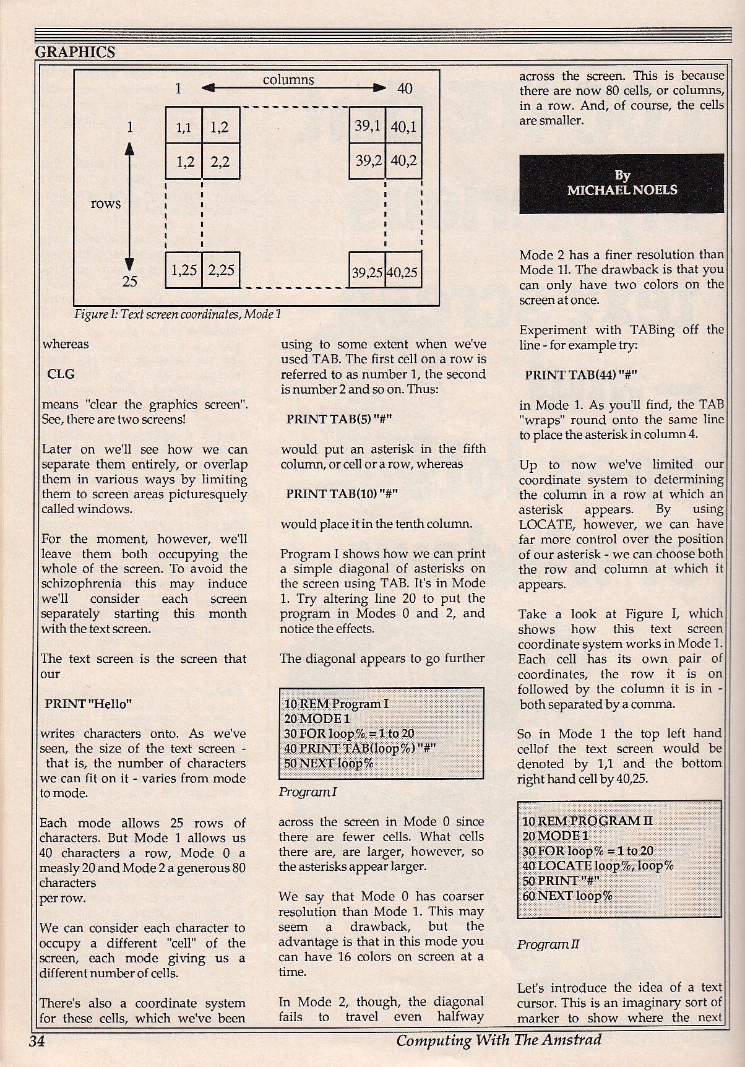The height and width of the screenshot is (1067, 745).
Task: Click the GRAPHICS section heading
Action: (x=75, y=52)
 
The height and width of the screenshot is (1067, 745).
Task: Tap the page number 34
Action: (x=37, y=1040)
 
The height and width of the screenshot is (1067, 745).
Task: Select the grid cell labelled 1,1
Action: (x=184, y=127)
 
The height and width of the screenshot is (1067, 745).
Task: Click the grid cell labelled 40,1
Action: (x=403, y=126)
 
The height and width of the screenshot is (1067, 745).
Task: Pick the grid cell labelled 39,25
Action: (x=367, y=272)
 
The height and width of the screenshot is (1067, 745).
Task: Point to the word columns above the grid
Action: (x=288, y=80)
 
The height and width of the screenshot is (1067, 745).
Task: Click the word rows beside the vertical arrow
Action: (x=106, y=204)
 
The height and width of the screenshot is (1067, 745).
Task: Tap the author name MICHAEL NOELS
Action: (x=622, y=190)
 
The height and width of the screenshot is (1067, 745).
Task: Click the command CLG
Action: (x=61, y=374)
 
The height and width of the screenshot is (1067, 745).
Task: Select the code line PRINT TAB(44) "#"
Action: (x=580, y=375)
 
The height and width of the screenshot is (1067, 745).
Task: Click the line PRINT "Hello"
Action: (x=88, y=704)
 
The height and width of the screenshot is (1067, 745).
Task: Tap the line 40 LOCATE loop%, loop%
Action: (x=598, y=865)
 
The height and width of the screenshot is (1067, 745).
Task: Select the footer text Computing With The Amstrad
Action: (x=499, y=1040)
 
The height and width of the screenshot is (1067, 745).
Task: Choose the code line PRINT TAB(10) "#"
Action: (x=341, y=494)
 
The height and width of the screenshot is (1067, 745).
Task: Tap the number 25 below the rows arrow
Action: (x=129, y=282)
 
